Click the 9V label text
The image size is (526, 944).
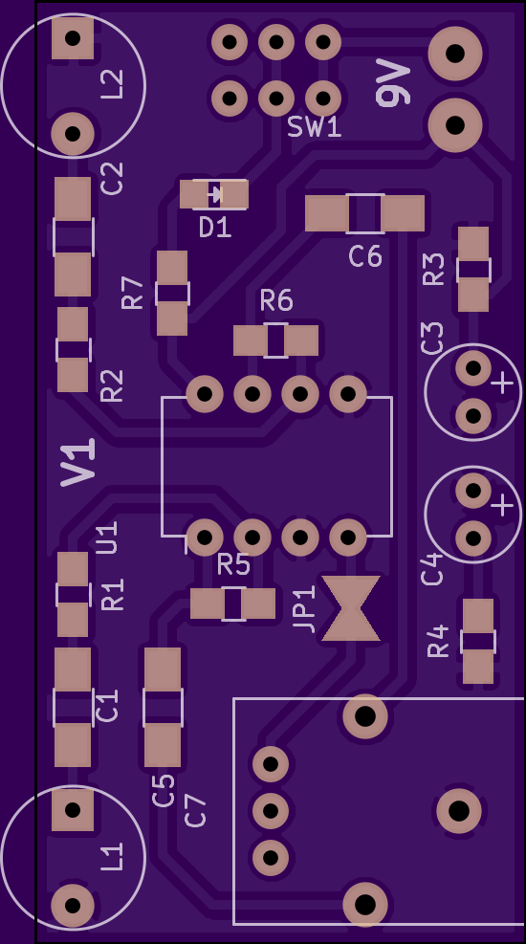pos(394,82)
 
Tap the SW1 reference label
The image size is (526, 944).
pos(315,127)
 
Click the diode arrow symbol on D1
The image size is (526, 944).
pos(215,194)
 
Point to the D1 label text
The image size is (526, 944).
pos(215,228)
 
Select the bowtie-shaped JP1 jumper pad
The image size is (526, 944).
pos(351,608)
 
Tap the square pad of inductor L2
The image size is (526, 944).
pos(73,38)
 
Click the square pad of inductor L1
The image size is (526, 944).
pos(73,810)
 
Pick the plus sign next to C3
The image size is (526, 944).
pos(503,384)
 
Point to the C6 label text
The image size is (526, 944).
pos(365,256)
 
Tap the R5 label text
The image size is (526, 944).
pos(233,564)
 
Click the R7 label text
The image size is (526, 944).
pos(132,293)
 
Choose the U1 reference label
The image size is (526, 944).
pos(107,538)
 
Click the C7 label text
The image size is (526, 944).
pos(196,810)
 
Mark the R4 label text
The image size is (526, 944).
pos(438,641)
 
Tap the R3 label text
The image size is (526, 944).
pos(433,269)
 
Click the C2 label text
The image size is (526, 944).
pos(112,178)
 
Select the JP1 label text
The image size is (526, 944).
pos(305,608)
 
